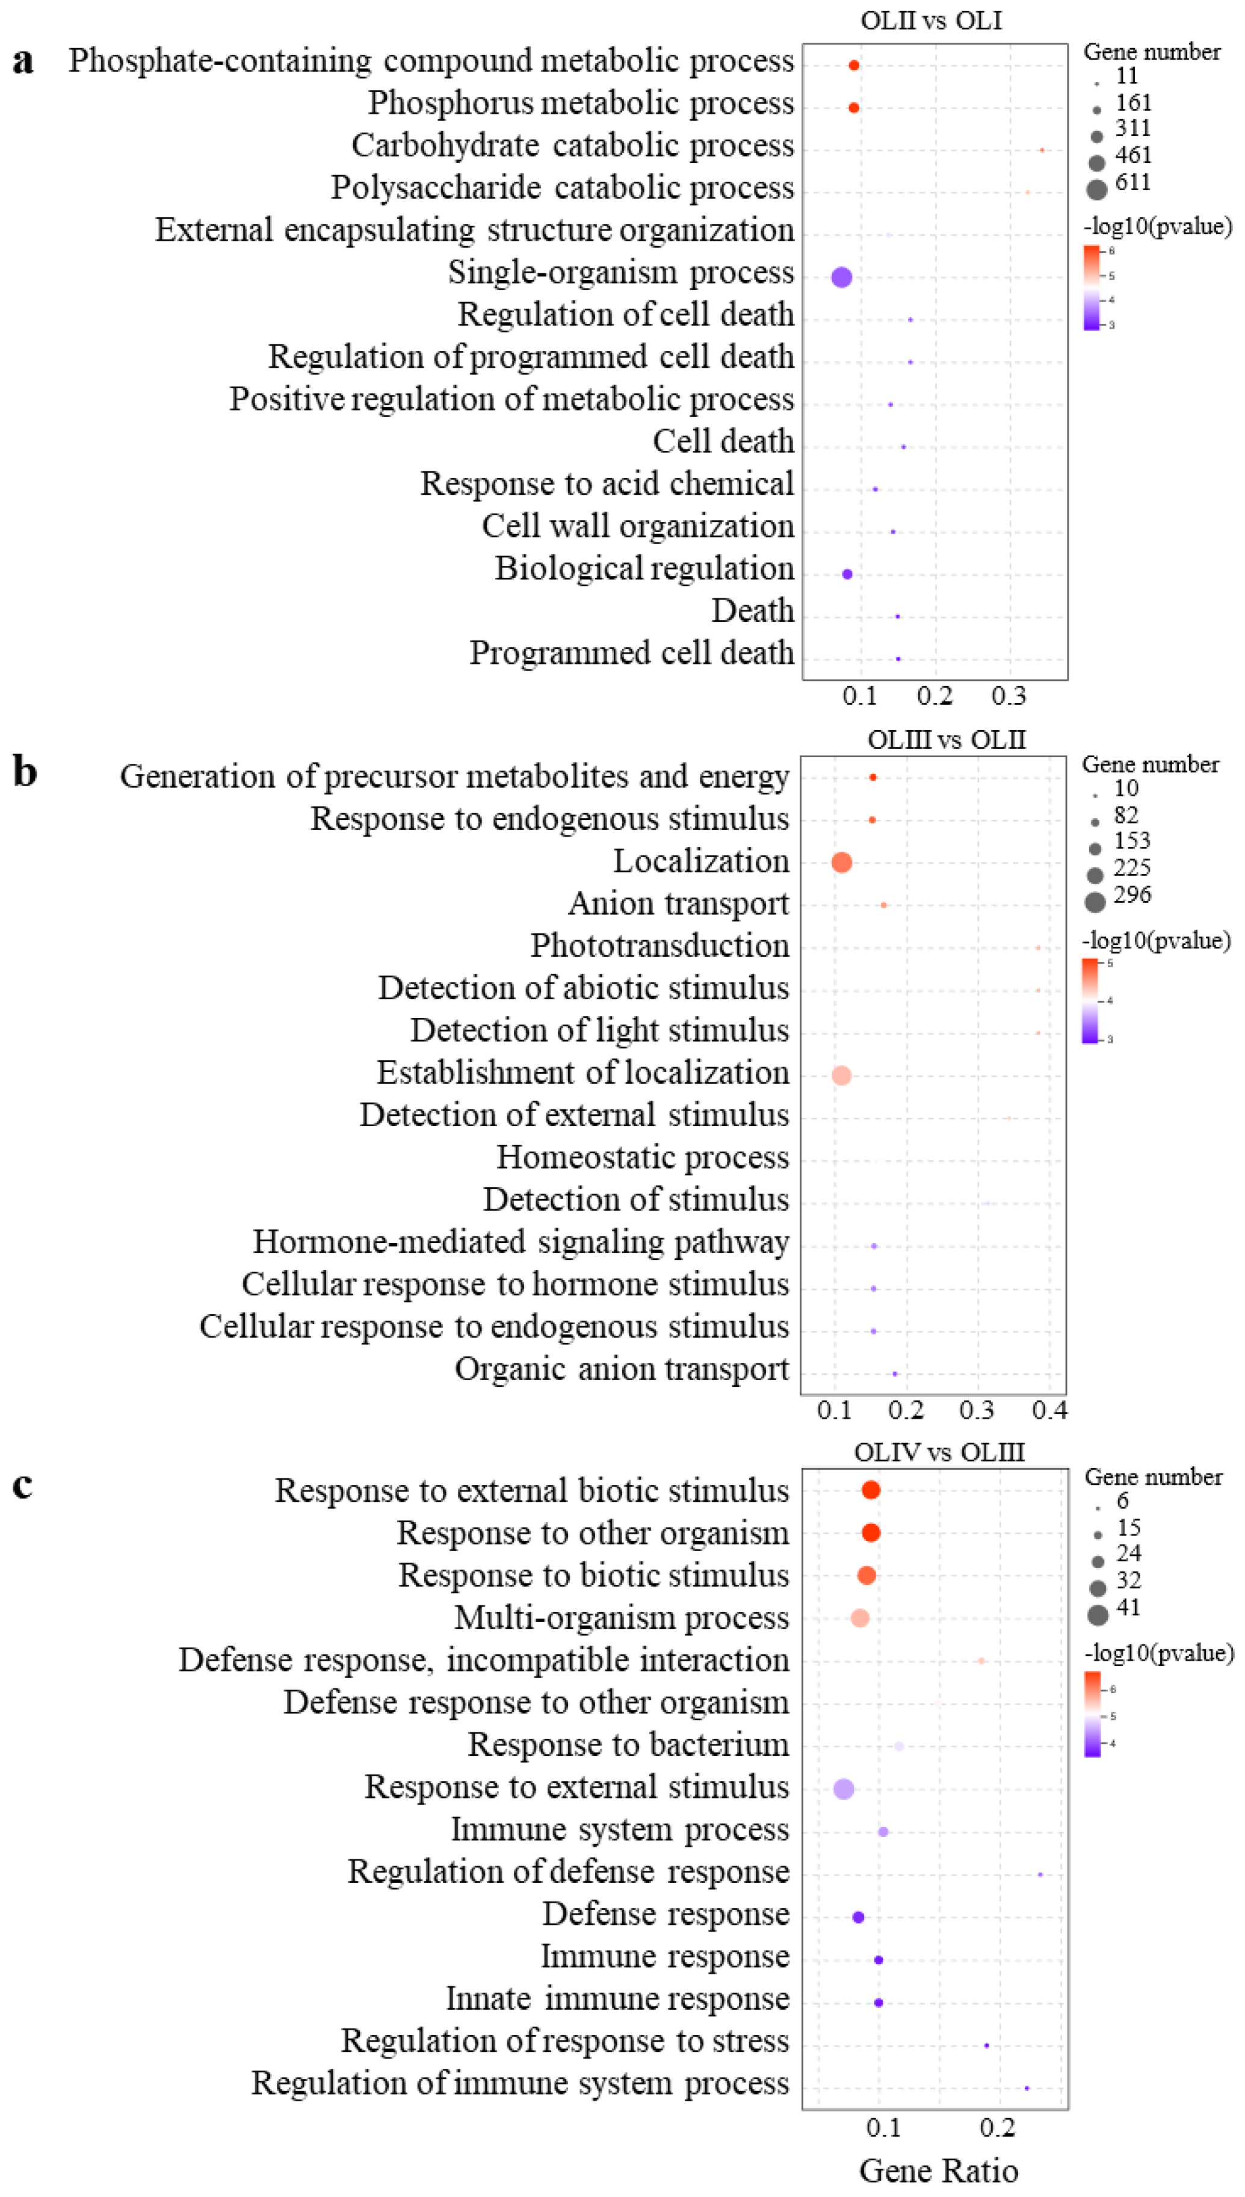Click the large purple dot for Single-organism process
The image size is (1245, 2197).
[841, 276]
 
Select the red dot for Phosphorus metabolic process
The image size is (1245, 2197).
[853, 107]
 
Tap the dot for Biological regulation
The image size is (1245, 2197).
[847, 574]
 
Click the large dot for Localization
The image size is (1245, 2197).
[841, 862]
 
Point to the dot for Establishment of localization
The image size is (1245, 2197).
[841, 1075]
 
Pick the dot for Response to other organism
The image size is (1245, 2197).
[871, 1532]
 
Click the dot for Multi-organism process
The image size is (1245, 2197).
[860, 1617]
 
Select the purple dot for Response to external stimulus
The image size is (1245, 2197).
[843, 1788]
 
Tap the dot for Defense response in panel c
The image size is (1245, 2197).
[859, 1917]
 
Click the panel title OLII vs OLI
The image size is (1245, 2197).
[931, 20]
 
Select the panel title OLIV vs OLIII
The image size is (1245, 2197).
[939, 1451]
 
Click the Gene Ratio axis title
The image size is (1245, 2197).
[939, 2170]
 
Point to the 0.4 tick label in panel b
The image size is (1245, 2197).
[1049, 1410]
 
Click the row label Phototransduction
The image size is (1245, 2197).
[660, 945]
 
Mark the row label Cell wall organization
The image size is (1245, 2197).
[638, 526]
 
